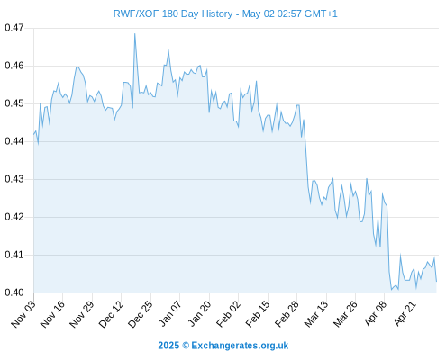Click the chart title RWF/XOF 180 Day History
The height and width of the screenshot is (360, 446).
click(173, 14)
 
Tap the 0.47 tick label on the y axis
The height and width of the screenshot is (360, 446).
click(14, 28)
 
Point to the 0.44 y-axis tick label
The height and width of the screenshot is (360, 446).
click(14, 141)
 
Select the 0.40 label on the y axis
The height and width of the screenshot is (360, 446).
click(14, 292)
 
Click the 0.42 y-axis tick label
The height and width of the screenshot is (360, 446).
click(14, 217)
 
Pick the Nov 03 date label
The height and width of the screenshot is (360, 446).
click(23, 314)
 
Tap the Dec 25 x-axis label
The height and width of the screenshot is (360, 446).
click(141, 314)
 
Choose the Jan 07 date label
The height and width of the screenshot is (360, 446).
click(170, 314)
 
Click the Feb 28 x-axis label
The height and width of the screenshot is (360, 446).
click(287, 314)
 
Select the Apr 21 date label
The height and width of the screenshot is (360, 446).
click(405, 314)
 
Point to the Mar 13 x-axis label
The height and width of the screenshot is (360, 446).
click(316, 314)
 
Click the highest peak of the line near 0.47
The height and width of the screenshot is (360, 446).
click(135, 33)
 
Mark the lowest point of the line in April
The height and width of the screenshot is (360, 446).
click(391, 290)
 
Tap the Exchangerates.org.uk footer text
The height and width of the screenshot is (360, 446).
click(240, 346)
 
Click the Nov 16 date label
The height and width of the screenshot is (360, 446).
click(52, 314)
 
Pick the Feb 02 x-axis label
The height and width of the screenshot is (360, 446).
click(228, 314)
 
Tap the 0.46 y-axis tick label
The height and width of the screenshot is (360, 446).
click(14, 66)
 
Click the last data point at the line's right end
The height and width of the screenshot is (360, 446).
click(436, 282)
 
